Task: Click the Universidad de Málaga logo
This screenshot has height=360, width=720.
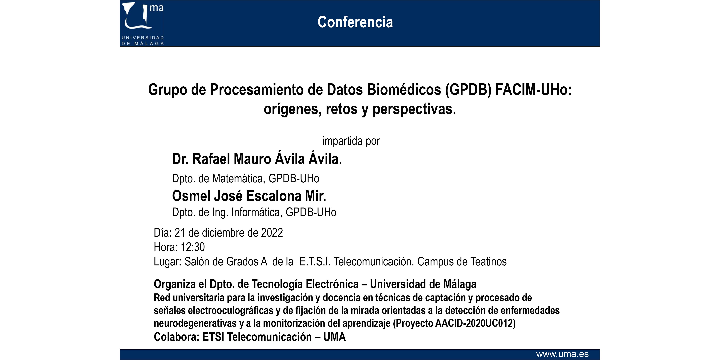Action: point(143,24)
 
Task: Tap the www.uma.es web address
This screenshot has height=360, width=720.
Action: point(562,354)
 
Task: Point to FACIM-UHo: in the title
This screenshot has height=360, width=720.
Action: point(534,90)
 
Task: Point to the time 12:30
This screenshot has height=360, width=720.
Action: point(193,247)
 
